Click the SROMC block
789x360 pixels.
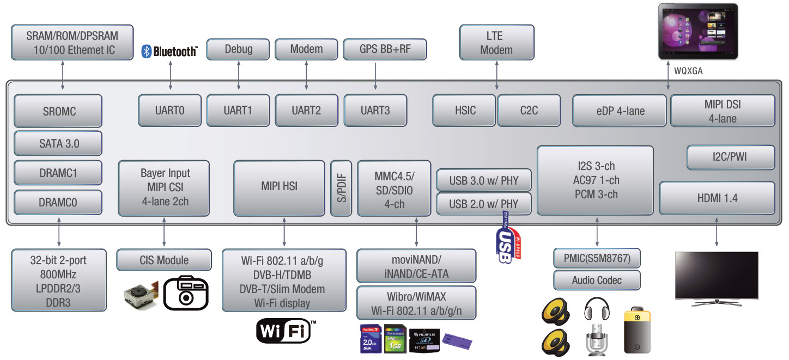pyautogui.click(x=58, y=111)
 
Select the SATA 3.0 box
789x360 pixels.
pyautogui.click(x=58, y=144)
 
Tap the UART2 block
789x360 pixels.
pyautogui.click(x=306, y=111)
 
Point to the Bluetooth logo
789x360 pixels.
pyautogui.click(x=169, y=52)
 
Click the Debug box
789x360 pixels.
pyautogui.click(x=239, y=49)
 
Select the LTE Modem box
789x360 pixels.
pyautogui.click(x=497, y=43)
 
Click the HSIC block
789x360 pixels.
pyautogui.click(x=464, y=111)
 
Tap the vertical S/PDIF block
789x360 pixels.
pyautogui.click(x=341, y=188)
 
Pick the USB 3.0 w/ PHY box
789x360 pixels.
pyautogui.click(x=484, y=180)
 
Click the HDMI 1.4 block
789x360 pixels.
pyautogui.click(x=717, y=198)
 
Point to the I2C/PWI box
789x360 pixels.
pyautogui.click(x=731, y=157)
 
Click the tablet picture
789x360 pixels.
pyautogui.click(x=698, y=31)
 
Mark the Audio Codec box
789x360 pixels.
pyautogui.click(x=597, y=280)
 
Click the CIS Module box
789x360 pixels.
pyautogui.click(x=165, y=260)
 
